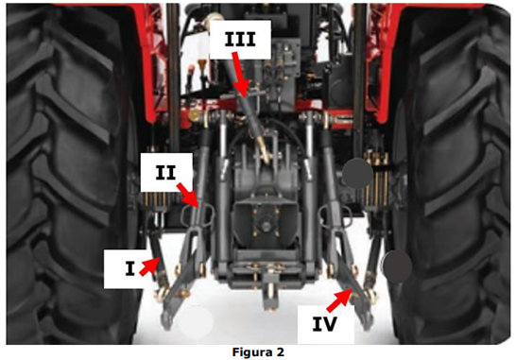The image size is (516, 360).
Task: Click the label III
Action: tap(240, 40)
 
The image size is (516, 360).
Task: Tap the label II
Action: tap(166, 172)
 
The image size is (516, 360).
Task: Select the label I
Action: tap(130, 268)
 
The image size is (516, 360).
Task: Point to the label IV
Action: tap(324, 324)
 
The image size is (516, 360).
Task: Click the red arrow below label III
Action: tap(239, 75)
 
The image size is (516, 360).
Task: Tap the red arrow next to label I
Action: tap(149, 266)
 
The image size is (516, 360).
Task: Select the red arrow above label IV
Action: tap(339, 300)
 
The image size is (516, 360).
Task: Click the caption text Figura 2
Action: tap(258, 352)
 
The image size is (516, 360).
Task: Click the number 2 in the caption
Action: tap(280, 352)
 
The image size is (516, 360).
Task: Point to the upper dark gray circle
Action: tap(358, 174)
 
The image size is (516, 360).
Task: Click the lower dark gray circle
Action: tap(397, 266)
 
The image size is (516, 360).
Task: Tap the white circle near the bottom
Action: tap(197, 321)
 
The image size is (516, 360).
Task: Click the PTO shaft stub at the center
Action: tap(266, 226)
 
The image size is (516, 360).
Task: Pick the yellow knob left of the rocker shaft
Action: tap(195, 115)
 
